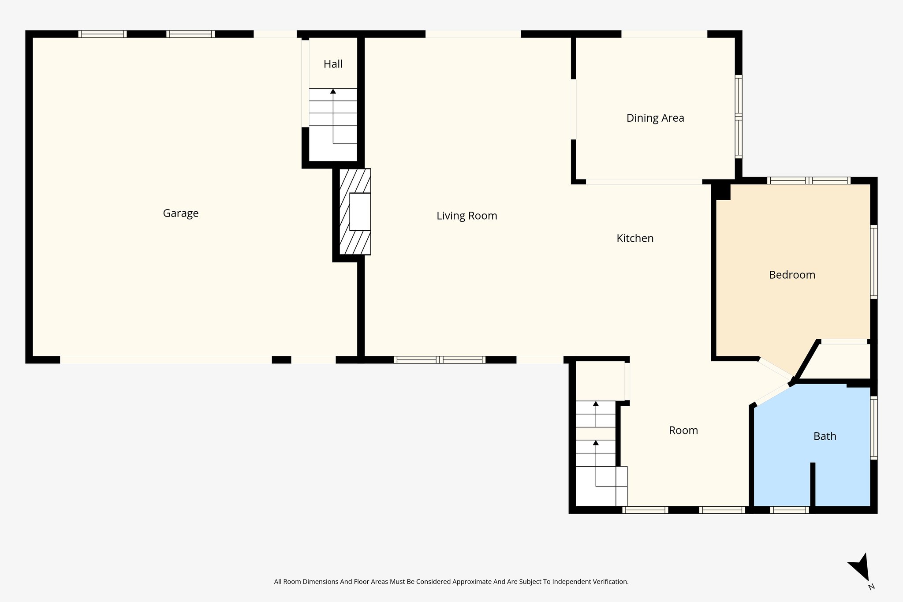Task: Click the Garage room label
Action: pos(180,213)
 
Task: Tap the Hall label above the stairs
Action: pos(333,64)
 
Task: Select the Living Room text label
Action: pos(466,216)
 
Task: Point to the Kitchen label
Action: pos(634,239)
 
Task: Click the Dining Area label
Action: pos(655,118)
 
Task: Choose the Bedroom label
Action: pos(792,275)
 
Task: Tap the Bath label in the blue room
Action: pos(825,437)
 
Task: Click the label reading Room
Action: pos(683,431)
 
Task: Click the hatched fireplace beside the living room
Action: pos(354,212)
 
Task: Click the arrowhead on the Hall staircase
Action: pos(333,91)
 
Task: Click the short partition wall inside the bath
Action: pos(813,484)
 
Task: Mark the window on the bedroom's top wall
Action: pos(809,180)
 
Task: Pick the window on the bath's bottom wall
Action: pos(789,510)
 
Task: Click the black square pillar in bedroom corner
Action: pos(722,192)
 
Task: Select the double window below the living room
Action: pos(439,359)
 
